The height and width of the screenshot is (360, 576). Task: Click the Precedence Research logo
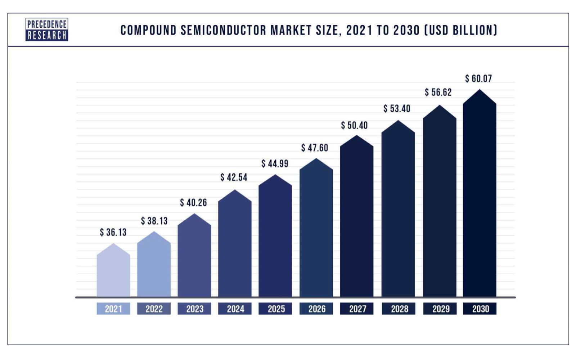[x=47, y=30]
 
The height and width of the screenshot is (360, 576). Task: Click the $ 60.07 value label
[x=478, y=78]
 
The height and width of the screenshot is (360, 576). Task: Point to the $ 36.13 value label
[x=113, y=232]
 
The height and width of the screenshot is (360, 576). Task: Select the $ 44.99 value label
[x=275, y=163]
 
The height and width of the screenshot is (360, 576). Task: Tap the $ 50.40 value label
[x=354, y=125]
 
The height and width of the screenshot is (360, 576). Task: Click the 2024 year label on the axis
[x=235, y=309]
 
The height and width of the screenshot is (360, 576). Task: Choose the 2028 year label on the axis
[x=399, y=309]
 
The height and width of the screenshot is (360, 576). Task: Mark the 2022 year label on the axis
[x=154, y=309]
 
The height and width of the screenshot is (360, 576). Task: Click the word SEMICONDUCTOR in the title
[x=223, y=30]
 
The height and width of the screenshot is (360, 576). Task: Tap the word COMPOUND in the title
[x=148, y=30]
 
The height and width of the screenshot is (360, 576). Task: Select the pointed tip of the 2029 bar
[x=440, y=105]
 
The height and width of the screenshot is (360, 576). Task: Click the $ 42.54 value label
[x=234, y=177]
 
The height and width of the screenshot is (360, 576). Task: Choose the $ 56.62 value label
[x=438, y=92]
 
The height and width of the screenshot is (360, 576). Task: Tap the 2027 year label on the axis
[x=357, y=309]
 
